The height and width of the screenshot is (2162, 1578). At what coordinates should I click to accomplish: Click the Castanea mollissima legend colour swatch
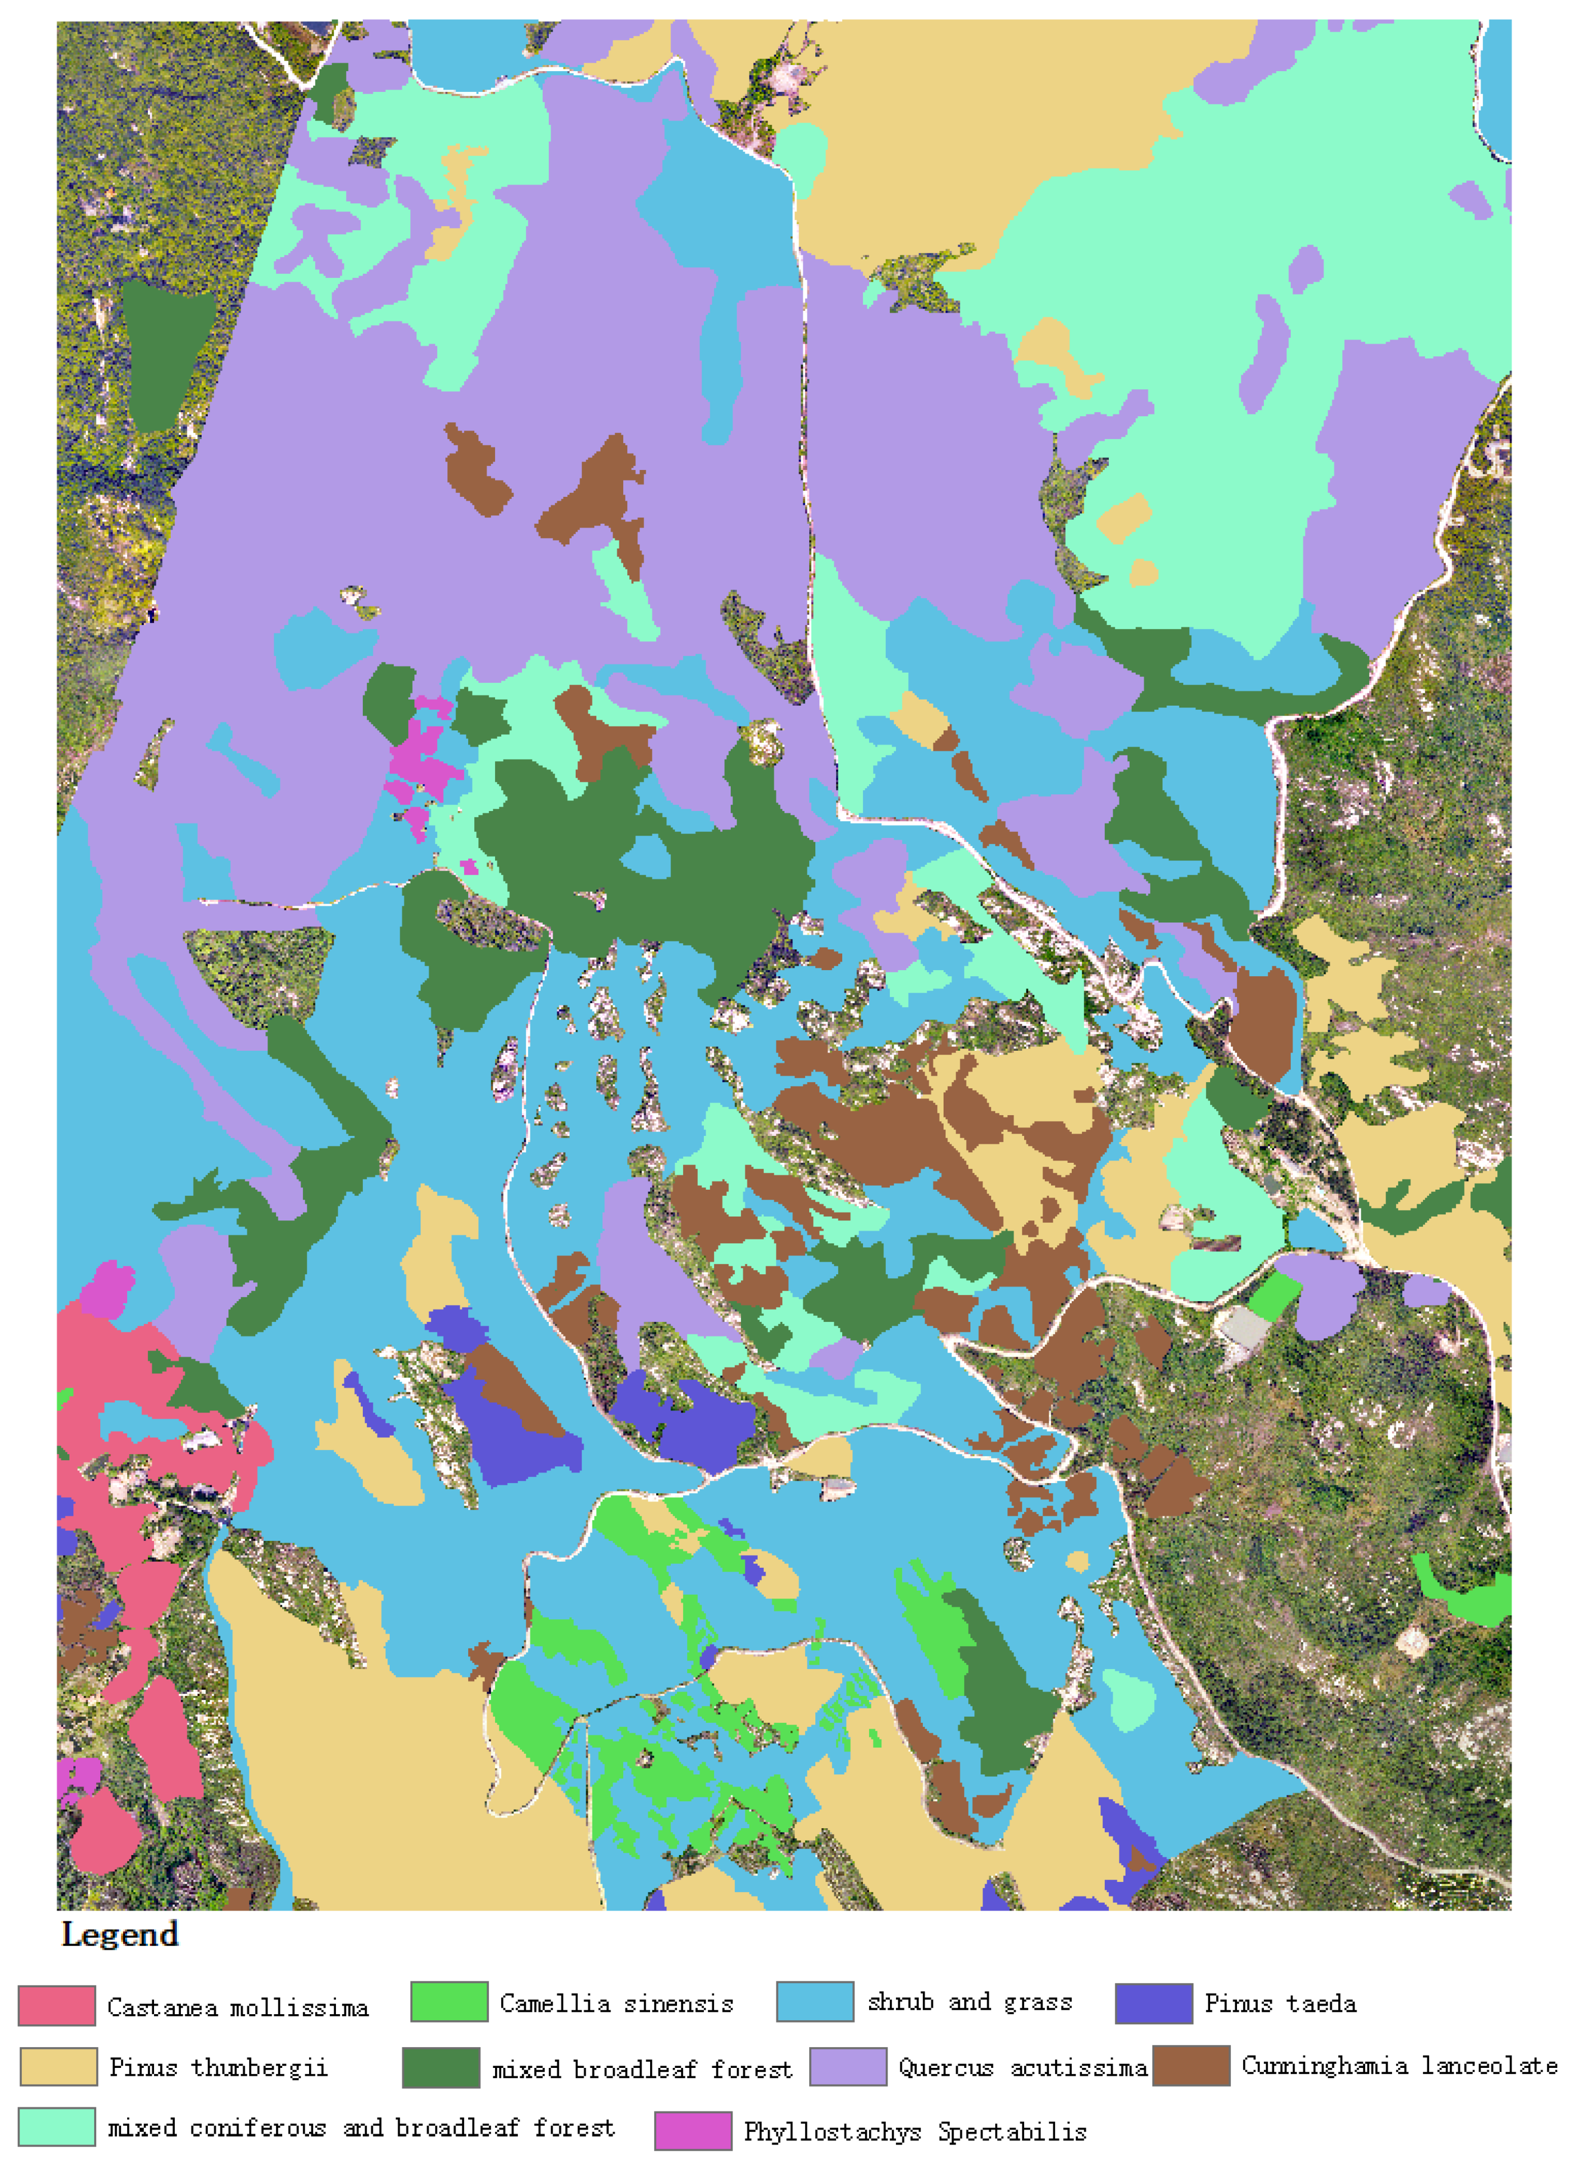pos(57,2005)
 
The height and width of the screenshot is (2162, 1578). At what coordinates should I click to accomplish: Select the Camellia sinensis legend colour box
pos(449,2001)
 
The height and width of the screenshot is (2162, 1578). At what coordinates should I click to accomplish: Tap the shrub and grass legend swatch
pos(815,2001)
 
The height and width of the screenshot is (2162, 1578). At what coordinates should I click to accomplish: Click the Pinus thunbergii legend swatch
pos(58,2066)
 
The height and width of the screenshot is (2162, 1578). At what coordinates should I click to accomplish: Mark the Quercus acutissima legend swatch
pos(848,2066)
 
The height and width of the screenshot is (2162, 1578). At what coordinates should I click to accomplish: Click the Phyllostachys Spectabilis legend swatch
pos(693,2131)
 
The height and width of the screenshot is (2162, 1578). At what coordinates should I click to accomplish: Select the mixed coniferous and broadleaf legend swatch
pos(57,2127)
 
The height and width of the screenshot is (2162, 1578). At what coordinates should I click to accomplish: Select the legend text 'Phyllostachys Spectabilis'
pos(915,2131)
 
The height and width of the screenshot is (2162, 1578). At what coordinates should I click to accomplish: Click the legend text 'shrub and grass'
pos(969,2001)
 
